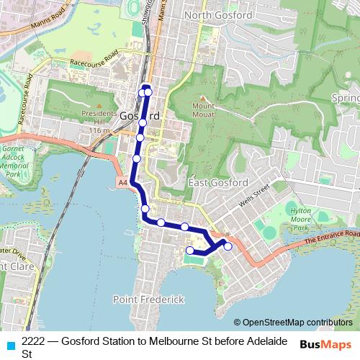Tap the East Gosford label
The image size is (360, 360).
[x=218, y=183]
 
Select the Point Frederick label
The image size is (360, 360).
[x=148, y=299]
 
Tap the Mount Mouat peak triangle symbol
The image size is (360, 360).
[x=203, y=99]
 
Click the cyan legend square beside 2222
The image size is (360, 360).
[x=9, y=344]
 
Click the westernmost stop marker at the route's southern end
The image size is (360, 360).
[x=190, y=251]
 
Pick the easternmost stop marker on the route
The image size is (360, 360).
[x=228, y=246]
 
